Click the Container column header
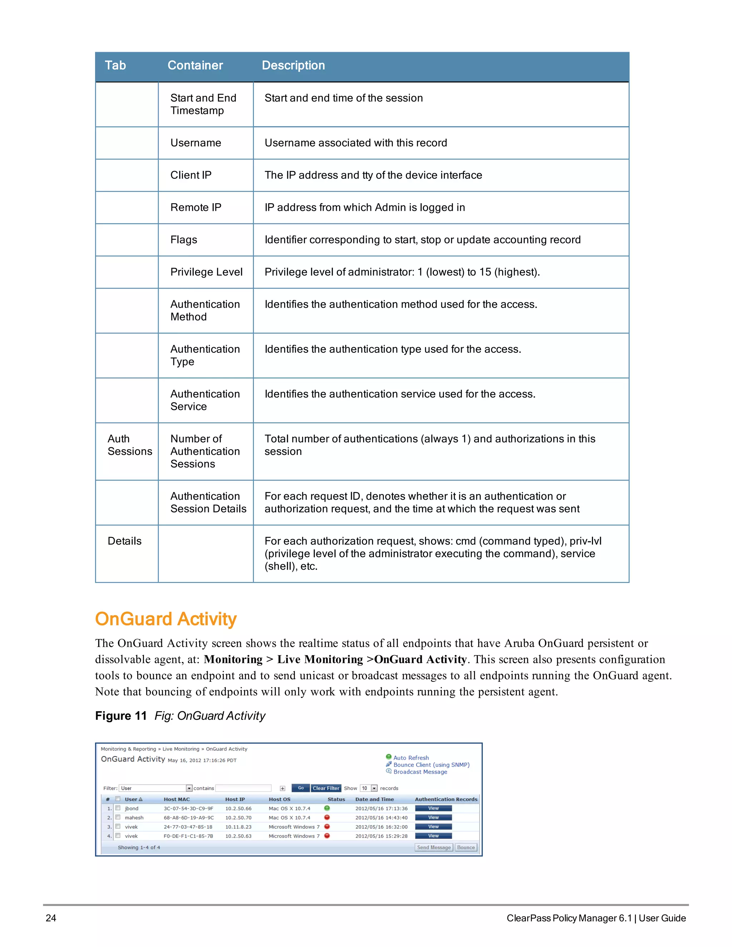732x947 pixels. click(195, 65)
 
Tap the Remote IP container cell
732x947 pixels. click(196, 207)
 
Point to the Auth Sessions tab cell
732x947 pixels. click(129, 445)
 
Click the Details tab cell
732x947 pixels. click(124, 541)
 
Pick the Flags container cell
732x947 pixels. click(183, 240)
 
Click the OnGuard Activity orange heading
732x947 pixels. click(165, 619)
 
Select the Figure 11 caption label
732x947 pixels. click(121, 715)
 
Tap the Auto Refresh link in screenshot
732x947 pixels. click(411, 758)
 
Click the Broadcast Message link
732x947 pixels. click(420, 772)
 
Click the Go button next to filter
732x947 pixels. click(301, 788)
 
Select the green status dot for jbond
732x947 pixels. click(327, 808)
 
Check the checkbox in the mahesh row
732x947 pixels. click(118, 817)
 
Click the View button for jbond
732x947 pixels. click(433, 808)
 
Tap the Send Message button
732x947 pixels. click(434, 847)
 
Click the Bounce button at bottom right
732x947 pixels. click(466, 847)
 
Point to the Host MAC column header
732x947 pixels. click(177, 799)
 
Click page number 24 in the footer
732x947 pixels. click(51, 918)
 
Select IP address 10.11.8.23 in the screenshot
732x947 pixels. click(238, 827)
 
